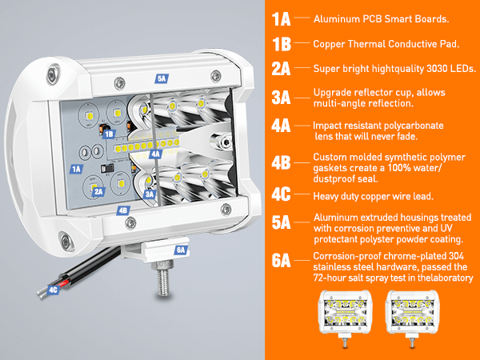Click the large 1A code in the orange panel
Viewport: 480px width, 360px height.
coord(281,18)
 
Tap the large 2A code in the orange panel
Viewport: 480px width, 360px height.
coord(281,69)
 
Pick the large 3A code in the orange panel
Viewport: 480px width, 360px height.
coord(281,98)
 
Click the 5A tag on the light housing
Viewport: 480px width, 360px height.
coord(162,79)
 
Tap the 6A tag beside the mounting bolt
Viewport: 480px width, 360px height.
coord(180,250)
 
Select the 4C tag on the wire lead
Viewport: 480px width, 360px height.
coord(53,291)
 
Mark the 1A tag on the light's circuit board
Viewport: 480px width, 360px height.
coord(77,169)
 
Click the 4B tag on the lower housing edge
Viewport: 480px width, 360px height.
coord(123,210)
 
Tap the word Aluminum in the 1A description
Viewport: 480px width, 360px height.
coord(334,18)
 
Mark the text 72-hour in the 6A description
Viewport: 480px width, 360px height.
coord(330,278)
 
